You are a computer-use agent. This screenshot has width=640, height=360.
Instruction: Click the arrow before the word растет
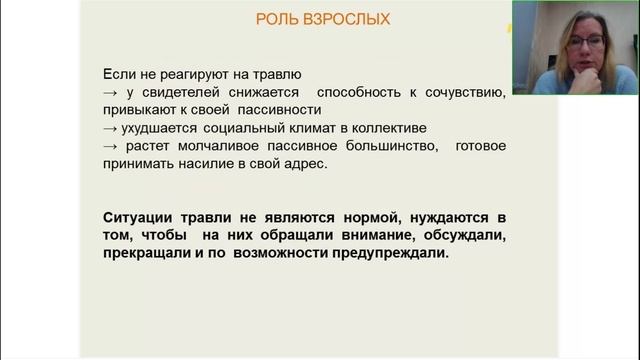coord(111,146)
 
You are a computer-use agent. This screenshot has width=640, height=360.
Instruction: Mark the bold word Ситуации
coord(139,218)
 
